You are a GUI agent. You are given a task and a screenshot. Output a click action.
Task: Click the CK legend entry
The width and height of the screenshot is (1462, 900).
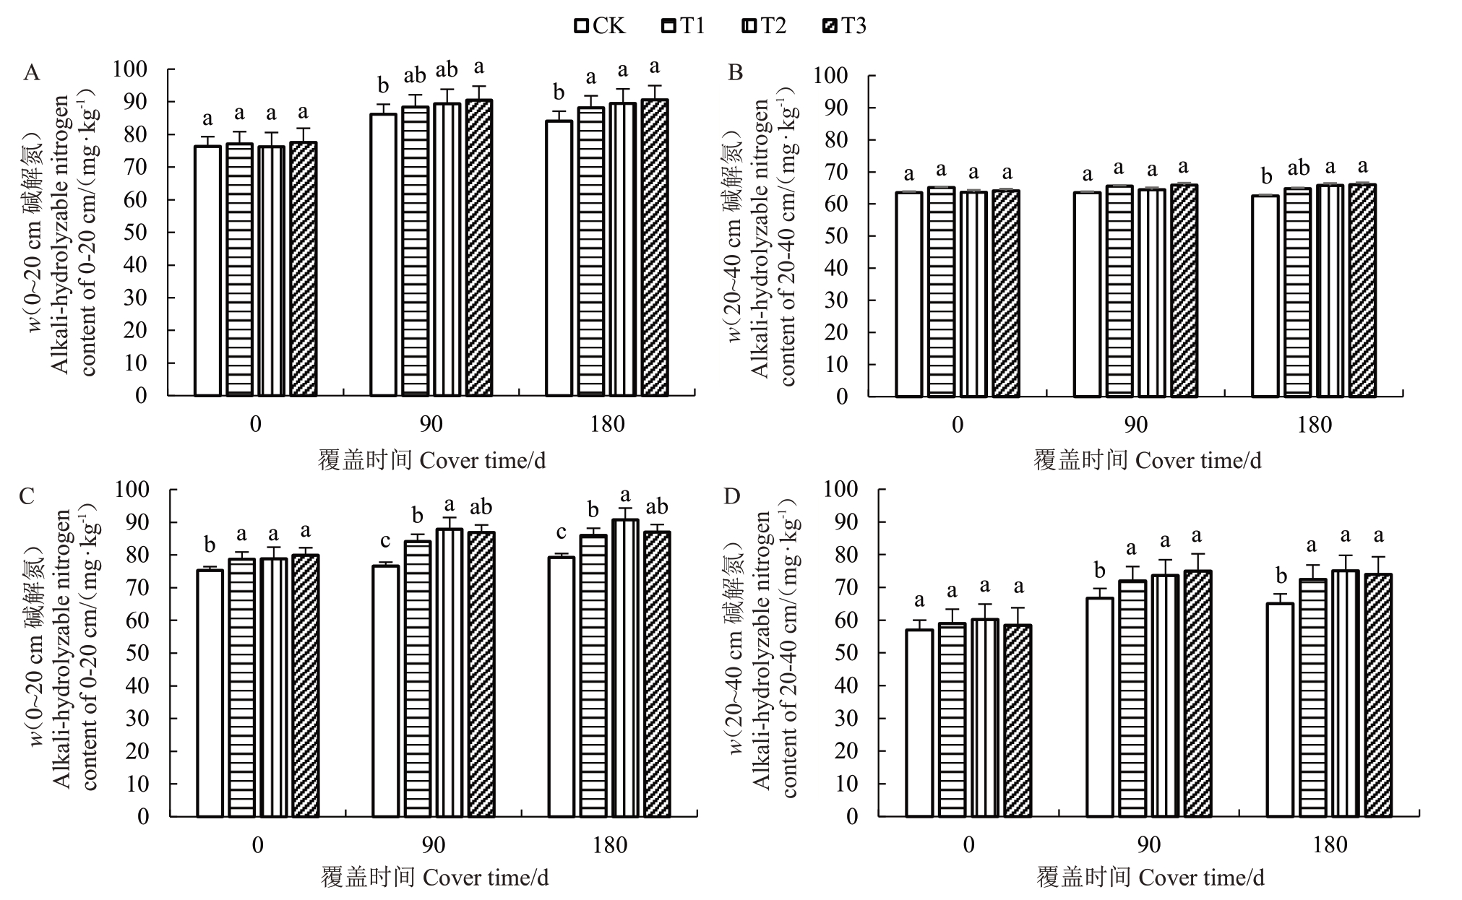[x=600, y=27]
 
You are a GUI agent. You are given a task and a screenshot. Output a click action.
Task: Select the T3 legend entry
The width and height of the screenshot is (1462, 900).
[x=845, y=27]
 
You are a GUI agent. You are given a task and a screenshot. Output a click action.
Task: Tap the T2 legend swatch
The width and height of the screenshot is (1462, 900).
[x=749, y=27]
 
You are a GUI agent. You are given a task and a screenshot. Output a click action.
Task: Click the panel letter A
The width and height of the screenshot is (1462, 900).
[x=31, y=73]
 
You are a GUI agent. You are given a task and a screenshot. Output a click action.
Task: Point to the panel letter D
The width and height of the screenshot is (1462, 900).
[x=733, y=496]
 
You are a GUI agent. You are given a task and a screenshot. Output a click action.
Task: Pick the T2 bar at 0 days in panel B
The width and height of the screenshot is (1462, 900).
[x=973, y=293]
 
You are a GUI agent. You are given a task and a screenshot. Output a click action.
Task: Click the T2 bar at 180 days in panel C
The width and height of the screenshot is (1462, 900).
[x=626, y=667]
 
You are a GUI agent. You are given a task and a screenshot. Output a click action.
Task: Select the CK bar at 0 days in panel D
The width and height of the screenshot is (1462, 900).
[x=919, y=722]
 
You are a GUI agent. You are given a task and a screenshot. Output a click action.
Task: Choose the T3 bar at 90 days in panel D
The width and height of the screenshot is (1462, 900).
[x=1197, y=693]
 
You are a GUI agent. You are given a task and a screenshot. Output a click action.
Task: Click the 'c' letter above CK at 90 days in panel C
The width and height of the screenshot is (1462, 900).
[x=385, y=540]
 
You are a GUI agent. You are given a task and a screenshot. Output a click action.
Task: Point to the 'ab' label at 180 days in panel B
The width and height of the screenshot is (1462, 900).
[x=1298, y=168]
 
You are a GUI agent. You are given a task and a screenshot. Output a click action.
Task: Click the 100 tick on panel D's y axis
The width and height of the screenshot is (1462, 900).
[x=841, y=489]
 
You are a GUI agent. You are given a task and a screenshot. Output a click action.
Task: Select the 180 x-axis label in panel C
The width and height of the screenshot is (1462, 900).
[x=610, y=845]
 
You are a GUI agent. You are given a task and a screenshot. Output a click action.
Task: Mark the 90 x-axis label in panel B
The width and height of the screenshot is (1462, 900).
[x=1136, y=425]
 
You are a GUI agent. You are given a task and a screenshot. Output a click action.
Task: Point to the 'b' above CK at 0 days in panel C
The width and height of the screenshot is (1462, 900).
[x=210, y=545]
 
